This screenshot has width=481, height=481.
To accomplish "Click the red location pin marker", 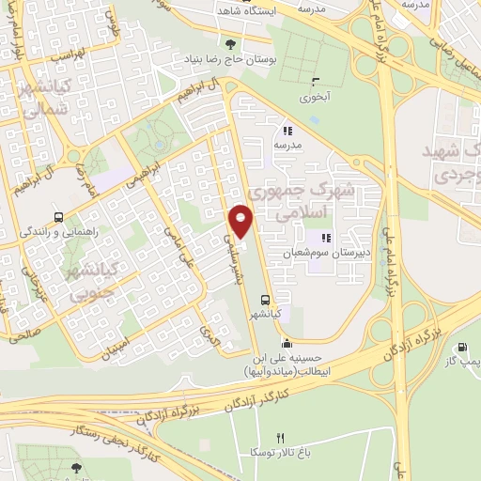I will pos(242,222).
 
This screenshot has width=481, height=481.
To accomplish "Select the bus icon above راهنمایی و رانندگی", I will pos(59,215).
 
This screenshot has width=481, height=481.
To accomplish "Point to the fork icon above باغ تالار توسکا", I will pos(279,438).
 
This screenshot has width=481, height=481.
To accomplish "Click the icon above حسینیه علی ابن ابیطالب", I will pos(286,341).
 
